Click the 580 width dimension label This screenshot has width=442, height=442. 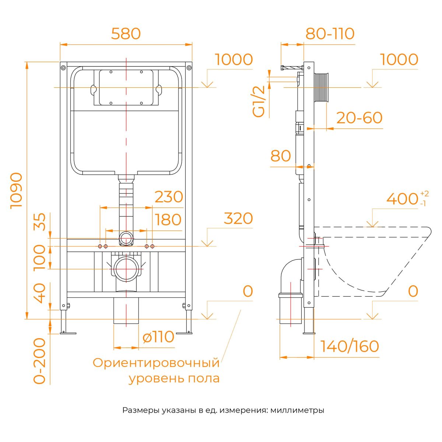[126, 34]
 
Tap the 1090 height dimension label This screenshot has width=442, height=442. [17, 190]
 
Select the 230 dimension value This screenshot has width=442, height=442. [169, 197]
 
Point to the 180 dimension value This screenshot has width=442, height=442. [168, 220]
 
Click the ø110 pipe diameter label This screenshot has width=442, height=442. [158, 337]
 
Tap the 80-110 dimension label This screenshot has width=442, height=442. [330, 34]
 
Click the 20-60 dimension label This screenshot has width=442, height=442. [359, 118]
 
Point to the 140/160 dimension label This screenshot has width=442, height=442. [349, 346]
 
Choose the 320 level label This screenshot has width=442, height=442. [238, 218]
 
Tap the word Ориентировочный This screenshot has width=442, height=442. [156, 363]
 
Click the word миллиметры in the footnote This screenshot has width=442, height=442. [297, 410]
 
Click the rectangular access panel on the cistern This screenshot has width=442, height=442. [126, 87]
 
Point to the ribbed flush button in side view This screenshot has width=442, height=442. [321, 88]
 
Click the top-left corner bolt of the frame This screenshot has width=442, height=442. [63, 67]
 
